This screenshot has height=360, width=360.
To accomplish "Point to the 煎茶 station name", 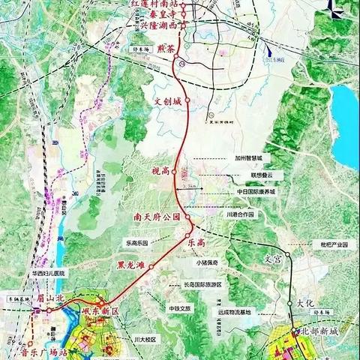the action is click(165, 49).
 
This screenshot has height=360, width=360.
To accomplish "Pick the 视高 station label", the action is click(160, 172).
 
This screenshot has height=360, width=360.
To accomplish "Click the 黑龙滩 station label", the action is click(133, 264).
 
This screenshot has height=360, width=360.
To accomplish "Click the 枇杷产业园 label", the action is click(331, 244).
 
